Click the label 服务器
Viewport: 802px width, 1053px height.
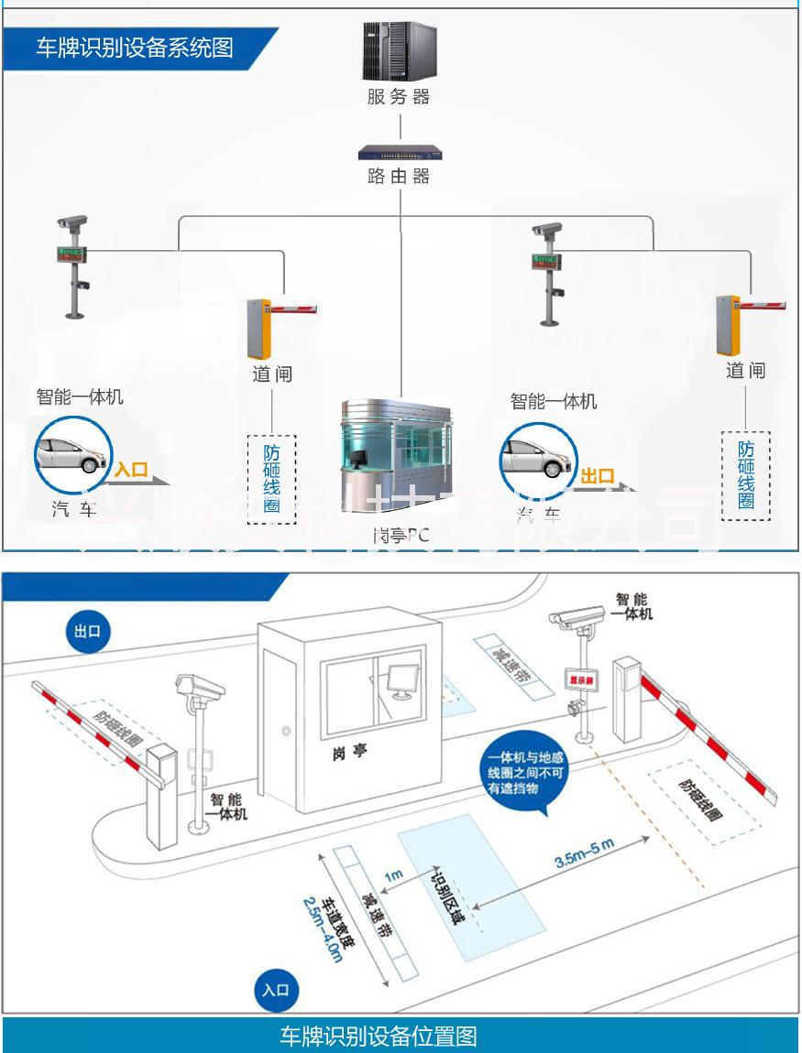pyautogui.click(x=399, y=96)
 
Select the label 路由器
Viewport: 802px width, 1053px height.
pyautogui.click(x=399, y=176)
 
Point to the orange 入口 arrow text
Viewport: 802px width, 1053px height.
pyautogui.click(x=131, y=470)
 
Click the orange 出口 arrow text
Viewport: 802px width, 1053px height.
pyautogui.click(x=598, y=475)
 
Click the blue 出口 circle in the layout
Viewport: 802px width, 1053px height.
pyautogui.click(x=88, y=632)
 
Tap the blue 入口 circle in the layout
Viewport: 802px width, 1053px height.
pyautogui.click(x=275, y=990)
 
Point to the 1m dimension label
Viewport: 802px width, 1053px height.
pyautogui.click(x=393, y=876)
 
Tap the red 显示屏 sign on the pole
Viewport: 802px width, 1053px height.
pyautogui.click(x=582, y=679)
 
